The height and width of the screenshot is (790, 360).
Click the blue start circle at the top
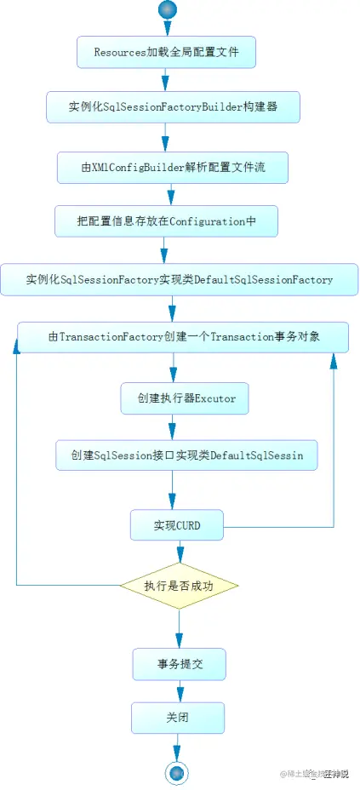[167, 9]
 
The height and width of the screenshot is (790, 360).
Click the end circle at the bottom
[177, 772]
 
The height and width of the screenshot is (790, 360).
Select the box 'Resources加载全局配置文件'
[166, 52]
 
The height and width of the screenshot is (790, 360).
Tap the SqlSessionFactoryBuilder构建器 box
[173, 109]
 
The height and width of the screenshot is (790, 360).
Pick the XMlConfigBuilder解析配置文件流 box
[173, 167]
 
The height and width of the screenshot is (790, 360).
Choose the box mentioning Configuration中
[166, 220]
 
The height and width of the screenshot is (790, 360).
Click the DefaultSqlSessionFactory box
[180, 279]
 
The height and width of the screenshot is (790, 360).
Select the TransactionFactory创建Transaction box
[183, 337]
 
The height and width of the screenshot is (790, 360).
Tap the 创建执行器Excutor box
[184, 398]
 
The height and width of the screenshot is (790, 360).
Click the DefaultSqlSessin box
[186, 455]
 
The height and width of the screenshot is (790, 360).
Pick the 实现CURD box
[177, 525]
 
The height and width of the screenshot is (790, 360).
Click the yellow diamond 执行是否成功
[179, 586]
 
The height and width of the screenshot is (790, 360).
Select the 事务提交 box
[179, 664]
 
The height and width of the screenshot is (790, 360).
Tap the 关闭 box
[177, 718]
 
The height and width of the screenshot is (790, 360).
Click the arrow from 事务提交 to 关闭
[178, 690]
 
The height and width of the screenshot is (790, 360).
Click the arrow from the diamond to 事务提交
[179, 628]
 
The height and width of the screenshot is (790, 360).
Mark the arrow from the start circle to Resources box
[167, 27]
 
